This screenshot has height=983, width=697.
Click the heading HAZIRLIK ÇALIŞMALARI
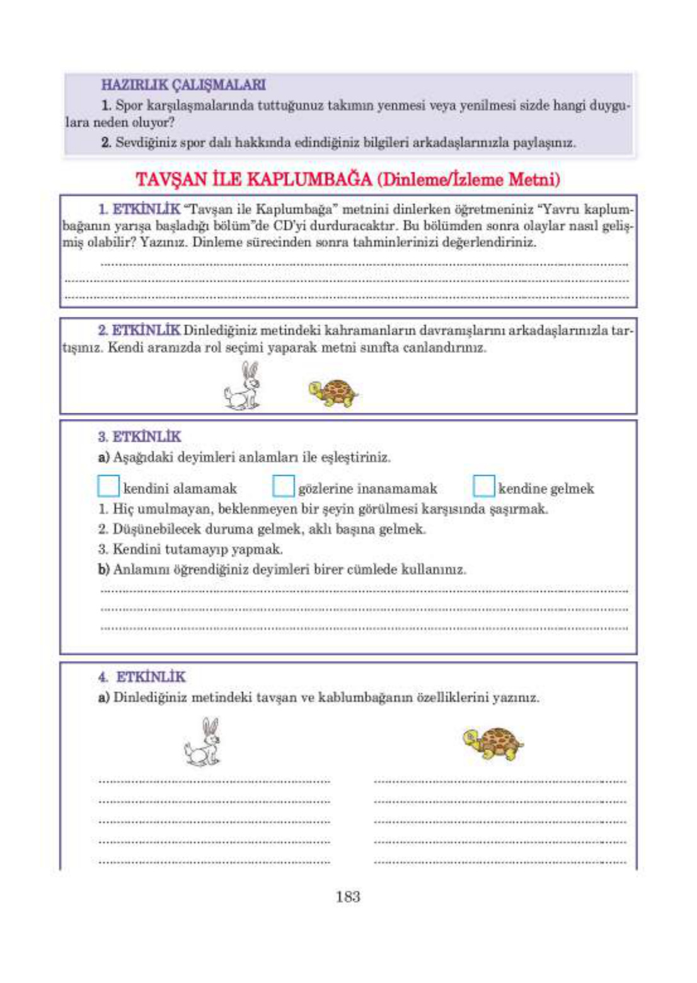point(183,84)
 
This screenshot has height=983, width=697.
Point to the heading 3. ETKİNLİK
point(139,437)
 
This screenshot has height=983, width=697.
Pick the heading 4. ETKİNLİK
point(142,677)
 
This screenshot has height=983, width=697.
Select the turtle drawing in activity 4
point(493,744)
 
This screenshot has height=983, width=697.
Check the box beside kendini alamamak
point(108,486)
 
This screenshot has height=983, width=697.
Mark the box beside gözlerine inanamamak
point(284,486)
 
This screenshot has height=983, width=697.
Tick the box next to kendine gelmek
point(483,486)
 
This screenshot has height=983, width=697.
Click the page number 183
point(348,897)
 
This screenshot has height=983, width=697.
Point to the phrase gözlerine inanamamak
point(367,489)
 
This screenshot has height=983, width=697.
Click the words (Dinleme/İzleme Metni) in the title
point(468,180)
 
